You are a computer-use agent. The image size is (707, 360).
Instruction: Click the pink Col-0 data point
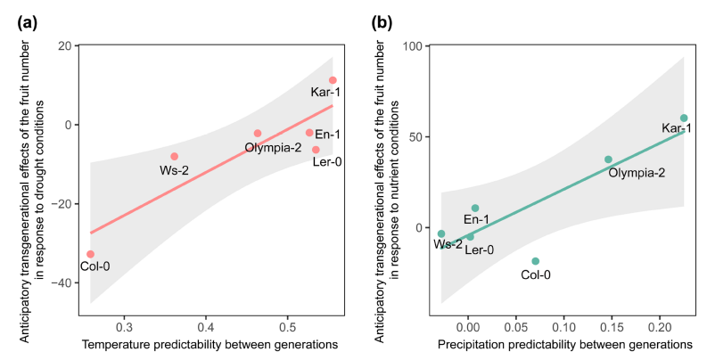(x=90, y=254)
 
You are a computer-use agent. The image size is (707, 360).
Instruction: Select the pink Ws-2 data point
(x=175, y=156)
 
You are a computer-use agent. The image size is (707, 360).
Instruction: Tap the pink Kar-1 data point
(x=333, y=80)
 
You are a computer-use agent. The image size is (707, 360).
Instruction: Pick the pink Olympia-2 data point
(x=258, y=134)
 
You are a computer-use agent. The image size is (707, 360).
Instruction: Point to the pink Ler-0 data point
(x=316, y=150)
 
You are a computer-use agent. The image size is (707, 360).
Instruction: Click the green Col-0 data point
(x=535, y=261)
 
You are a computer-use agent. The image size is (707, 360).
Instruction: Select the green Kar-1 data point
(x=684, y=118)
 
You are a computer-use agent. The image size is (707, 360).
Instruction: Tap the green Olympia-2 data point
(x=608, y=160)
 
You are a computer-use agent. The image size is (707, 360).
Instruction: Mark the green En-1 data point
(x=475, y=209)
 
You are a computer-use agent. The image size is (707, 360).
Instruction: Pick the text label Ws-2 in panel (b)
(x=448, y=244)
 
